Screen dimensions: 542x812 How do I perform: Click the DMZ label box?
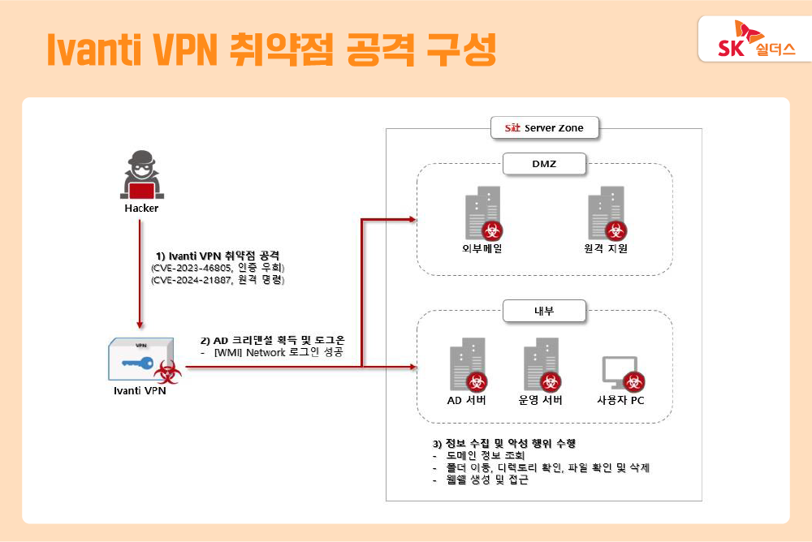point(544,165)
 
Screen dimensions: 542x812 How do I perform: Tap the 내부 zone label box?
point(543,309)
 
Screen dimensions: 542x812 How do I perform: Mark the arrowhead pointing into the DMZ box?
point(412,219)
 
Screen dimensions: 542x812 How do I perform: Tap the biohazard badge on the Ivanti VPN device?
point(168,372)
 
